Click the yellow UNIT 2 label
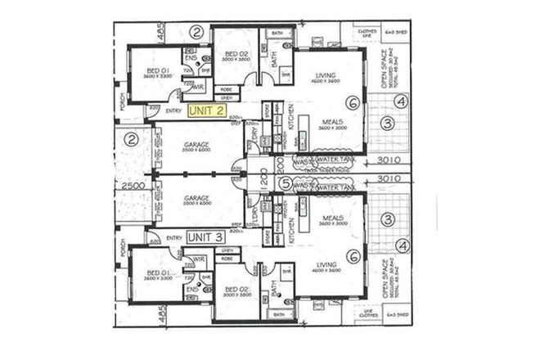pos(209,110)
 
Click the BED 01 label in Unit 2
pos(157,71)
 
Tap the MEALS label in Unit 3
pos(332,217)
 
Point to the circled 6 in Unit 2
pos(351,103)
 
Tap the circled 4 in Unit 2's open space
pos(399,102)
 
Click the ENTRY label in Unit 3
pos(173,237)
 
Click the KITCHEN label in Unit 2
pos(290,120)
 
